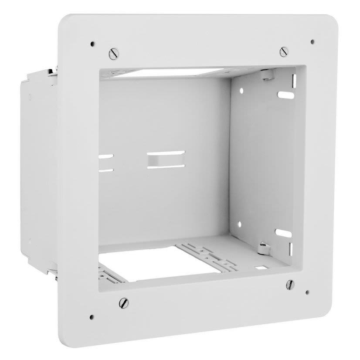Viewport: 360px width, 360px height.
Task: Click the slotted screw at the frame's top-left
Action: click(x=113, y=54)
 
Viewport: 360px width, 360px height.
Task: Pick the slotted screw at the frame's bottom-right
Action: click(x=290, y=284)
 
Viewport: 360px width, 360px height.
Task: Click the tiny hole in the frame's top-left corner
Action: click(x=92, y=44)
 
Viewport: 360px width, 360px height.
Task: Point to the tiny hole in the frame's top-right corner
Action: click(x=312, y=42)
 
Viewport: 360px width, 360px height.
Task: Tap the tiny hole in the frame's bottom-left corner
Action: click(x=92, y=317)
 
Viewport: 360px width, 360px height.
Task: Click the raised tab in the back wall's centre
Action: click(x=166, y=159)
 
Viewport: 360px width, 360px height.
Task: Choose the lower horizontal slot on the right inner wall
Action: click(x=282, y=233)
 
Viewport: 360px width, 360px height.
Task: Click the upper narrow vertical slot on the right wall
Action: click(x=294, y=81)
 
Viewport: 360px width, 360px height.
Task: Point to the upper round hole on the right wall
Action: click(x=241, y=91)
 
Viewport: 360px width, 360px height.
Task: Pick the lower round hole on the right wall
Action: click(x=239, y=225)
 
